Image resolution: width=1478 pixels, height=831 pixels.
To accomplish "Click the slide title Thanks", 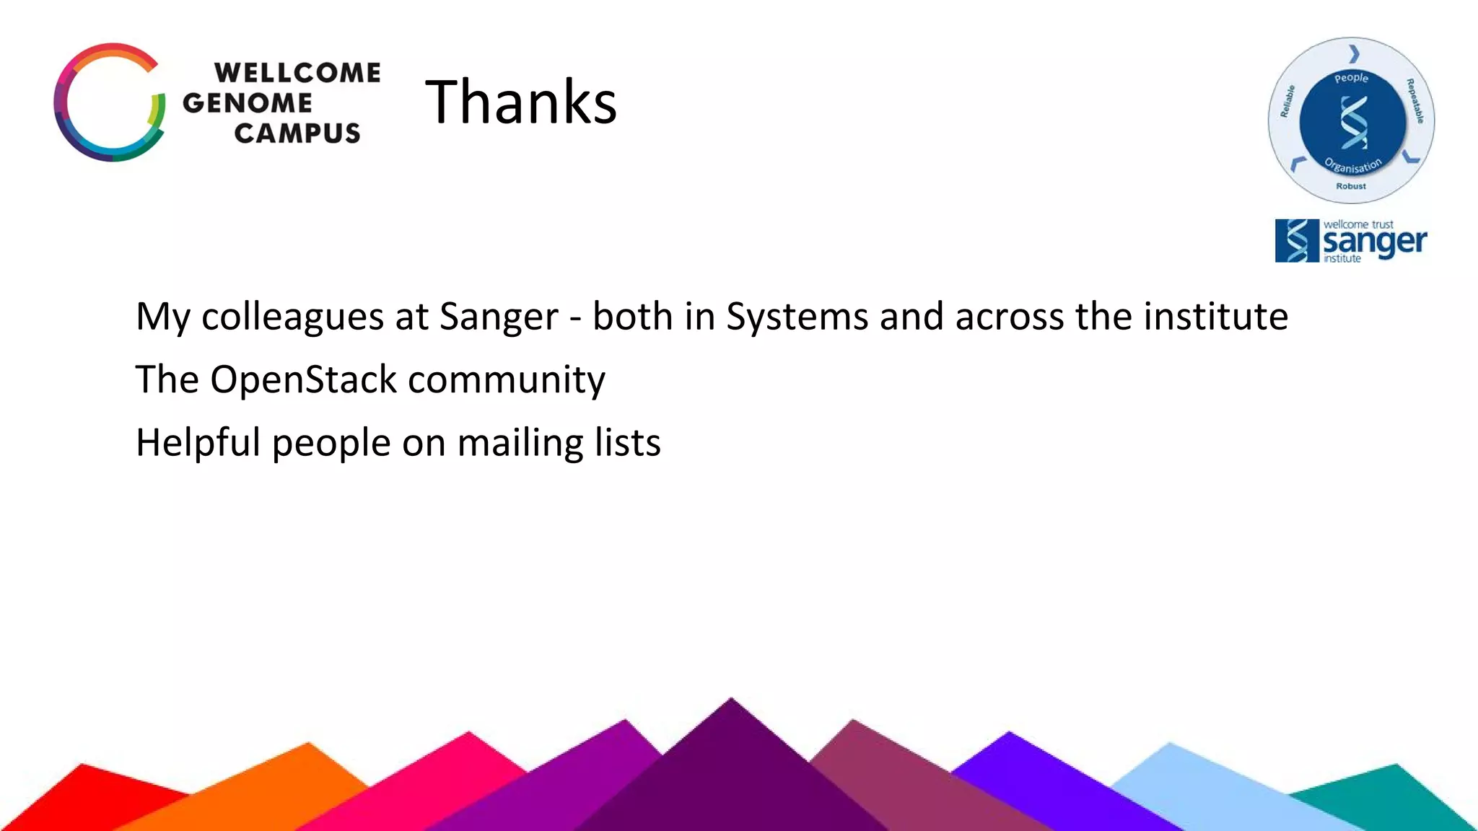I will (x=520, y=102).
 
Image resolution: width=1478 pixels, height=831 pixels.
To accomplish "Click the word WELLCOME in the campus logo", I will (x=297, y=73).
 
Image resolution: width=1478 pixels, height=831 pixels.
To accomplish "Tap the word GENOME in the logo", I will (x=248, y=103).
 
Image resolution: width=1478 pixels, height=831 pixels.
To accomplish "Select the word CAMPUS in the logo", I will (x=297, y=133).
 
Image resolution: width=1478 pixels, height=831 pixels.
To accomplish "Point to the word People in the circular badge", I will (x=1351, y=78).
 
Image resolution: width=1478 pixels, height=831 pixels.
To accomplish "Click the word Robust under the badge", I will (x=1351, y=186).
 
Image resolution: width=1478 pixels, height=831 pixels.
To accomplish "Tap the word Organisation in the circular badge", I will (x=1353, y=166).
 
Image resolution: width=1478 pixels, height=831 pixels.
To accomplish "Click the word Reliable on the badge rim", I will (x=1287, y=101).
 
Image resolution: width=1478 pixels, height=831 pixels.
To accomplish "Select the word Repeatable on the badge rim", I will (x=1414, y=101).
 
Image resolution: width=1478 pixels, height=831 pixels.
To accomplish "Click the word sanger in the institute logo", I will (x=1375, y=242).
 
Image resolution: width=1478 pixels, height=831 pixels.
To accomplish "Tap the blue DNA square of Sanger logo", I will (x=1297, y=241).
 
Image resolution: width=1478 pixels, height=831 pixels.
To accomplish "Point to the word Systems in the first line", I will (x=797, y=317).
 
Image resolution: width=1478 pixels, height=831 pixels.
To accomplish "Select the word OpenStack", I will (x=303, y=380).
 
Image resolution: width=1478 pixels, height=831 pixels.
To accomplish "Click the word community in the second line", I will (x=507, y=380).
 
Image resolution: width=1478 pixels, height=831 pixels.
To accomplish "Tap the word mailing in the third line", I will (x=520, y=443).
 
